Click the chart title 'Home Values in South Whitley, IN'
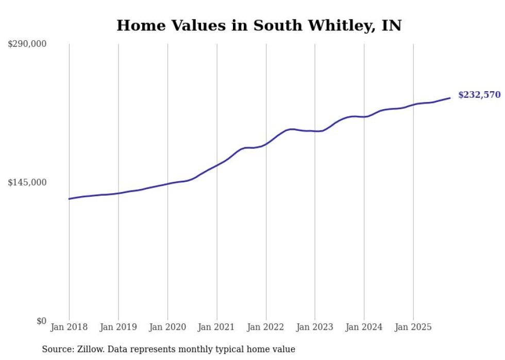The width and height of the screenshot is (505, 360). [x=259, y=25]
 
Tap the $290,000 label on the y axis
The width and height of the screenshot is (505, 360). [x=27, y=44]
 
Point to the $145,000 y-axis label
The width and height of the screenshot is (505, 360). [x=27, y=182]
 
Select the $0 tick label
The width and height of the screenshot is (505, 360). [x=41, y=321]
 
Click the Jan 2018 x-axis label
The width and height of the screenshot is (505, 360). [x=69, y=327]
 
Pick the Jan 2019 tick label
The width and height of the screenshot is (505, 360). [x=118, y=327]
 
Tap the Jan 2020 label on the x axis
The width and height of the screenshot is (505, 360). [x=167, y=327]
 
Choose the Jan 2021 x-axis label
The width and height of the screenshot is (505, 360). [x=216, y=327]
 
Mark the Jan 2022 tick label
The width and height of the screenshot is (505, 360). [x=266, y=327]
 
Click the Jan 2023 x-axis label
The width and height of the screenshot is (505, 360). [x=315, y=327]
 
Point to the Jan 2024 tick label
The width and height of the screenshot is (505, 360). [x=364, y=327]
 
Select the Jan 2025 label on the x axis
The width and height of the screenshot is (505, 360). [x=413, y=327]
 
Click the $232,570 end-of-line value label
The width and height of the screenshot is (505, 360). [x=479, y=95]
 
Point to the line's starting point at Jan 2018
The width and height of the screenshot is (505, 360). [x=69, y=199]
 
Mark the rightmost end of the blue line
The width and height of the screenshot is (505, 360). [x=450, y=98]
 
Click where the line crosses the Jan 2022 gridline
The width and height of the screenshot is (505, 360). [x=266, y=144]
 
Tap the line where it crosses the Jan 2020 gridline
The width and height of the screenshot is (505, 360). [x=167, y=183]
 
